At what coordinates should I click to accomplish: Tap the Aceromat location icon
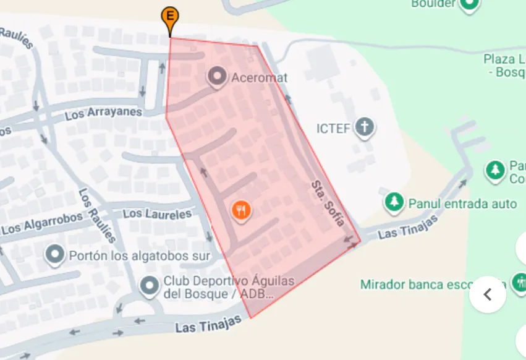point(217,77)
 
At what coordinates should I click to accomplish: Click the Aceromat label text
point(260,78)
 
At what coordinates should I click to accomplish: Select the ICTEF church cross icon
point(365,128)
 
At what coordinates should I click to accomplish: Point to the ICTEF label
point(333,129)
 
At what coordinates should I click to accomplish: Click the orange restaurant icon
point(241,211)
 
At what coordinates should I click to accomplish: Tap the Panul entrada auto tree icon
point(394,202)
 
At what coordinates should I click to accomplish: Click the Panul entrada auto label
point(462,204)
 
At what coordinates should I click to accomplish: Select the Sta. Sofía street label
point(327,204)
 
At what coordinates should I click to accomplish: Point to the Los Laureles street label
point(157,215)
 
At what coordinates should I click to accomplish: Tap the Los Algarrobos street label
point(42,224)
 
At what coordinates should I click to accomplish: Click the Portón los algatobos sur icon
point(55,255)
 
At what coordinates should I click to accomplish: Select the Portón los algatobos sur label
point(140,255)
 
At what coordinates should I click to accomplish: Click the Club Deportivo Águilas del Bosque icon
point(149,286)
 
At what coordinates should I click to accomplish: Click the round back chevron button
point(488,294)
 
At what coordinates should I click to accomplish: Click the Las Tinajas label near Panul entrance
point(408,227)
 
